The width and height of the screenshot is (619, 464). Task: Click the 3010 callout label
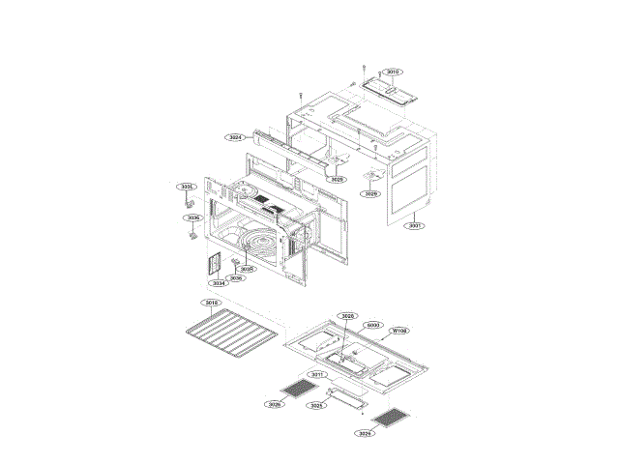pos(392,72)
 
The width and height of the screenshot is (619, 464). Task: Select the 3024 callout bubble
pos(235,137)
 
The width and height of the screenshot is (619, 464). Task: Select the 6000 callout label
pos(373,325)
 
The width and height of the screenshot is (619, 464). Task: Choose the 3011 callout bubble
pos(316,374)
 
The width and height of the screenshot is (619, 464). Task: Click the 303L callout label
pos(188,187)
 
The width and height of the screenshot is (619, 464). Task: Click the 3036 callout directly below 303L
pos(193,218)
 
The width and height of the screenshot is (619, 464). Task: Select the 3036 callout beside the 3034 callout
pos(236,277)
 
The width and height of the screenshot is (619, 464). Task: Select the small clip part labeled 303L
pos(190,204)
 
